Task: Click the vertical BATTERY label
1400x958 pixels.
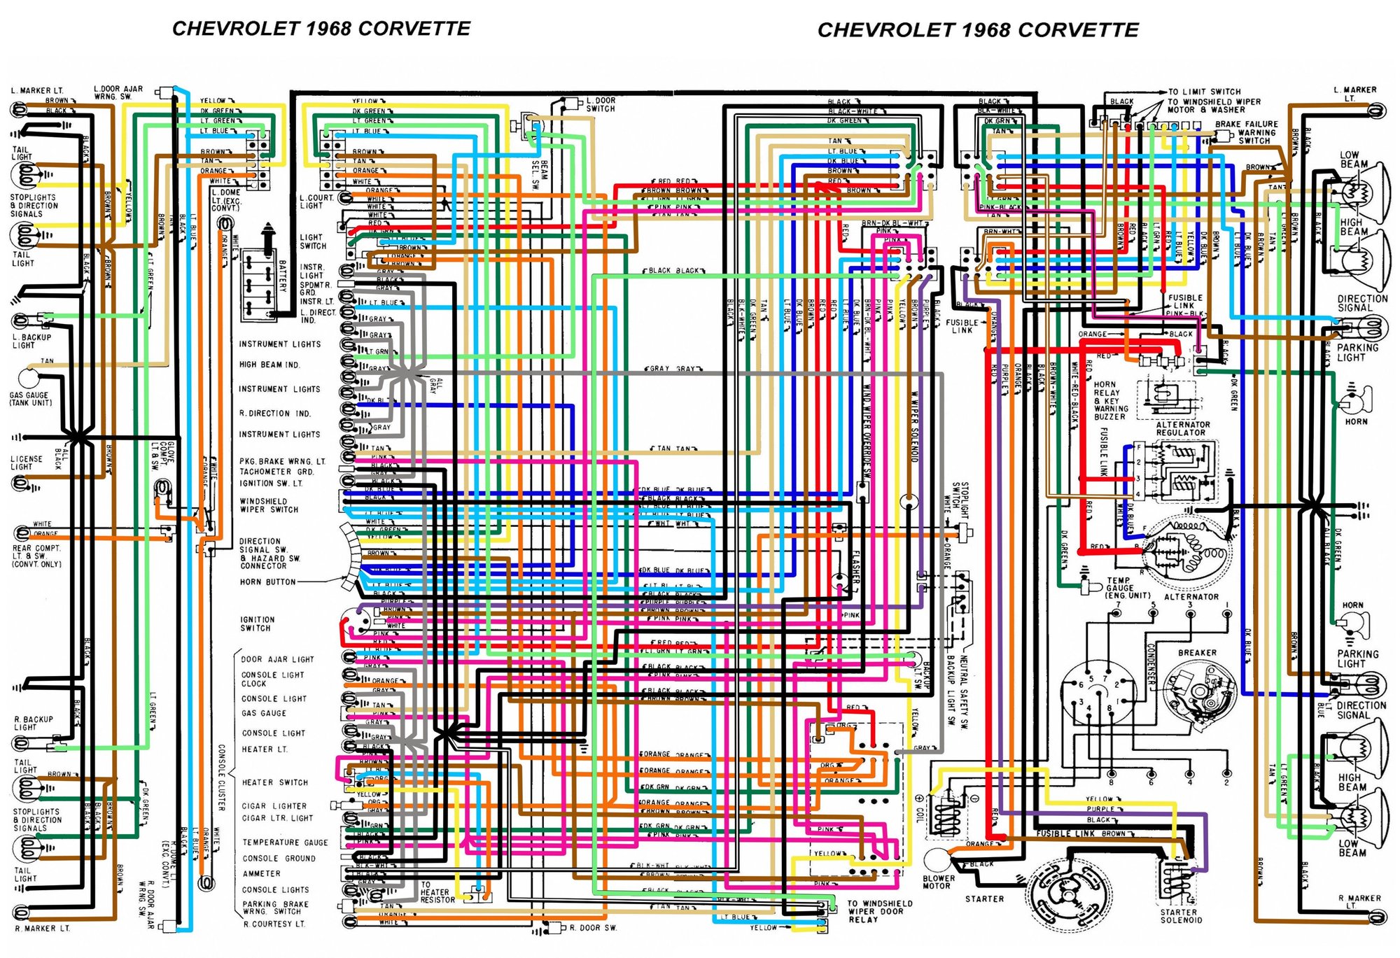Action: [x=283, y=276]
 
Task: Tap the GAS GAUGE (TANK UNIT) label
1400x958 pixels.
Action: [x=30, y=399]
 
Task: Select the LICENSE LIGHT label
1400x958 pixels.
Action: [x=26, y=463]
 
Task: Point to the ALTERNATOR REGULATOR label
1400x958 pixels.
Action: [x=1182, y=428]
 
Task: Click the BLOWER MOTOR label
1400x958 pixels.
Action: [x=938, y=882]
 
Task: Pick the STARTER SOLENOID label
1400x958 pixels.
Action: [x=1181, y=916]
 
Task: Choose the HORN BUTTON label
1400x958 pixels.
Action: [x=267, y=582]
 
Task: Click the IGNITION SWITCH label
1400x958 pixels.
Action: [x=257, y=624]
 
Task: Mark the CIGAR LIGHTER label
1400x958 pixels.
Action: [x=274, y=806]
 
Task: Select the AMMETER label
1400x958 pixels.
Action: [x=261, y=873]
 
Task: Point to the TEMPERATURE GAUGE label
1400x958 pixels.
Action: [x=285, y=843]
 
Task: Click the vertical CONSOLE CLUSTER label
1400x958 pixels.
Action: [x=221, y=777]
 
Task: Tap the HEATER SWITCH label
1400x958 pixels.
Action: [x=274, y=782]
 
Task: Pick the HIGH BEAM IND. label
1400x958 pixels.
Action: [x=269, y=365]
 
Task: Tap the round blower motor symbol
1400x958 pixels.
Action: [x=937, y=859]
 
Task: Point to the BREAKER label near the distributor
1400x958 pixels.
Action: [x=1197, y=653]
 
